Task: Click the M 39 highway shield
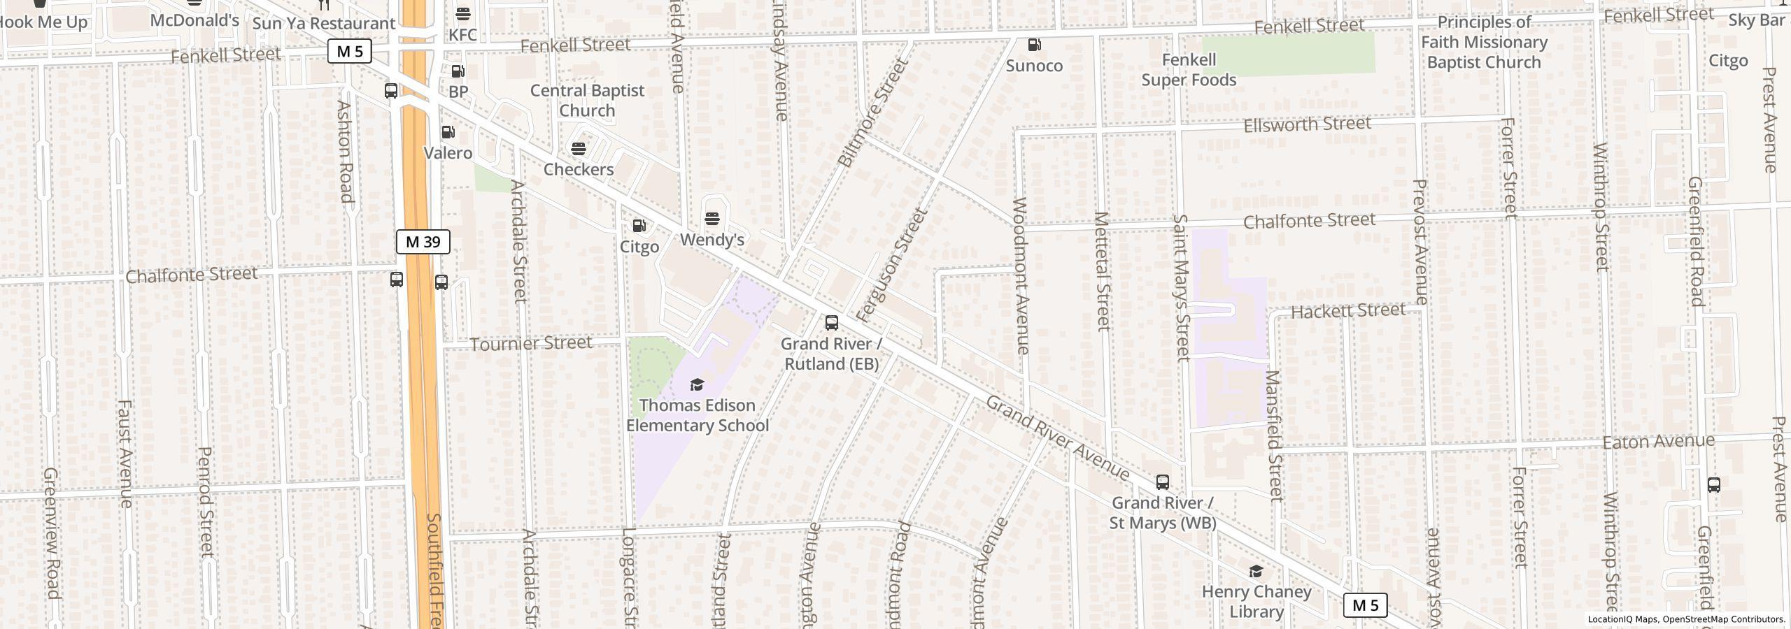[423, 242]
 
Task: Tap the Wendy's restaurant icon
[712, 219]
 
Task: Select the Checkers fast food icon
[579, 149]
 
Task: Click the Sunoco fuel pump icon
[1034, 45]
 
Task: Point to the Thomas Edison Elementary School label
[698, 415]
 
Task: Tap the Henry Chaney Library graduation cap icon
[1256, 572]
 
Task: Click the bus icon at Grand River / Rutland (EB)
[831, 323]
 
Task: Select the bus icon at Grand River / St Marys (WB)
[1162, 482]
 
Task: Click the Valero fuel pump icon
[448, 132]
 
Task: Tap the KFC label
[462, 35]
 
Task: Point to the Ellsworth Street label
[1307, 124]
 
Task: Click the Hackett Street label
[1347, 310]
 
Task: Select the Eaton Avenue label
[1658, 442]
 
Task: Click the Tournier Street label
[531, 343]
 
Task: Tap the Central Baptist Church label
[587, 101]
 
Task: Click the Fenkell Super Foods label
[1189, 70]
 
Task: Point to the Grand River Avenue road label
[1057, 438]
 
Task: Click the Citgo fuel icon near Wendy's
[639, 226]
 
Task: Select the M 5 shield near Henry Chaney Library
[1364, 605]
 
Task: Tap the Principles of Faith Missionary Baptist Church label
[1483, 42]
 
